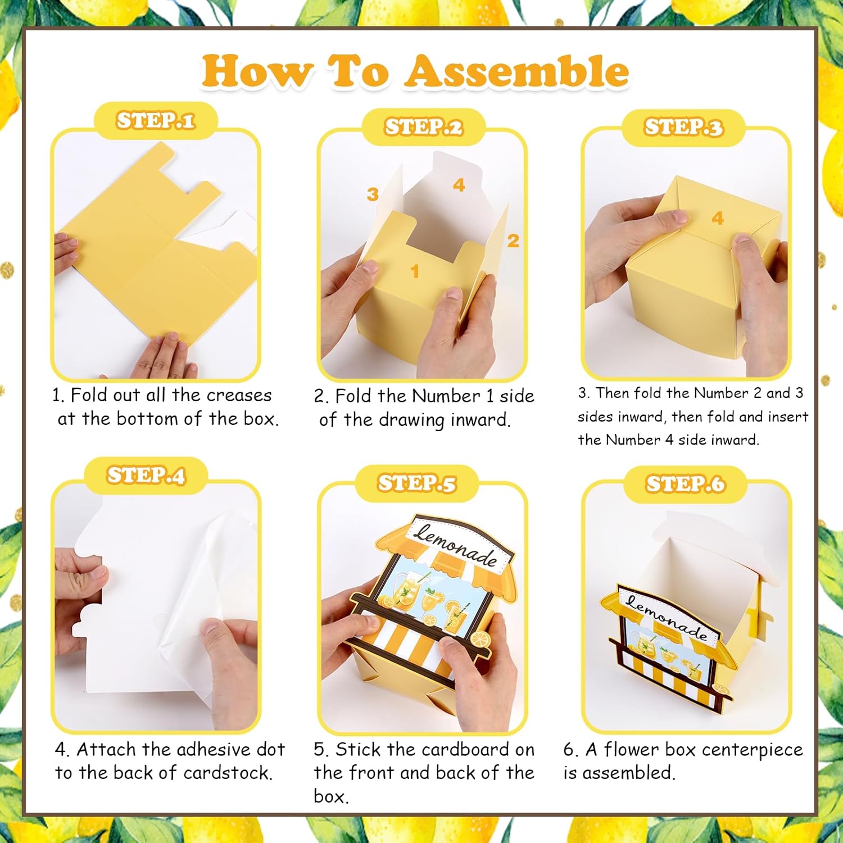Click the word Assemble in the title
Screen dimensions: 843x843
pos(517,71)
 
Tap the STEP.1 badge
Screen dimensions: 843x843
pos(156,120)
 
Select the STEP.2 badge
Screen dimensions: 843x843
pos(423,127)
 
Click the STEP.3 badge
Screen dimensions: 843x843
pos(683,128)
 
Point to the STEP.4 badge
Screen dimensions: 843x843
pos(146,475)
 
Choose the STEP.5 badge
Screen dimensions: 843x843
pos(416,483)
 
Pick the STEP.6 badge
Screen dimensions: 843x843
pos(685,484)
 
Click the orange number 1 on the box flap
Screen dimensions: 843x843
pos(415,271)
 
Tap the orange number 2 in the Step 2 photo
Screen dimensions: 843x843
pos(513,241)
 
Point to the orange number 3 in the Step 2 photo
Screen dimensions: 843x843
pos(372,194)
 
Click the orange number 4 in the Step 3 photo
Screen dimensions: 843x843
pos(718,218)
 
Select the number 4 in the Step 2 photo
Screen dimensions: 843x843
pos(459,185)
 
